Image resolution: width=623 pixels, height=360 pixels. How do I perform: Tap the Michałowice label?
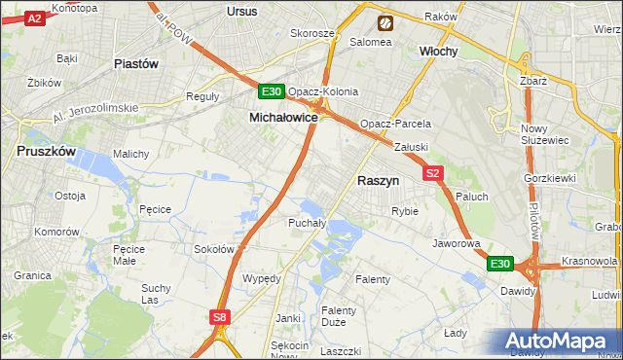click(x=284, y=117)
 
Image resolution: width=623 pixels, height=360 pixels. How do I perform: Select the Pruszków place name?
click(x=47, y=152)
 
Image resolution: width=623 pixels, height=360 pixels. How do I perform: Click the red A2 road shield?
click(x=34, y=18)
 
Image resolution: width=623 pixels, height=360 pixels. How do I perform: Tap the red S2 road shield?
click(x=434, y=173)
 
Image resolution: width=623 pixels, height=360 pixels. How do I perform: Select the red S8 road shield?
click(x=221, y=316)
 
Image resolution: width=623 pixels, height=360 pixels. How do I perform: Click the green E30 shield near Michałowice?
click(x=272, y=92)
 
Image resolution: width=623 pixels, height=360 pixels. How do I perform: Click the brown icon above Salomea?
click(x=385, y=21)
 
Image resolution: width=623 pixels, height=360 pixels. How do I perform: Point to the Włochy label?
click(x=438, y=51)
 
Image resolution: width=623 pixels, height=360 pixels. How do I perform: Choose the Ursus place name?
click(x=240, y=11)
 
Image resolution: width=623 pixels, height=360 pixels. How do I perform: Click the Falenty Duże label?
click(x=339, y=316)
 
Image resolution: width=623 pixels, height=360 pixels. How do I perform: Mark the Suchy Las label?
click(x=156, y=294)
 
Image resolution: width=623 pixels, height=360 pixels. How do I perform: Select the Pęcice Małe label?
click(x=129, y=255)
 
